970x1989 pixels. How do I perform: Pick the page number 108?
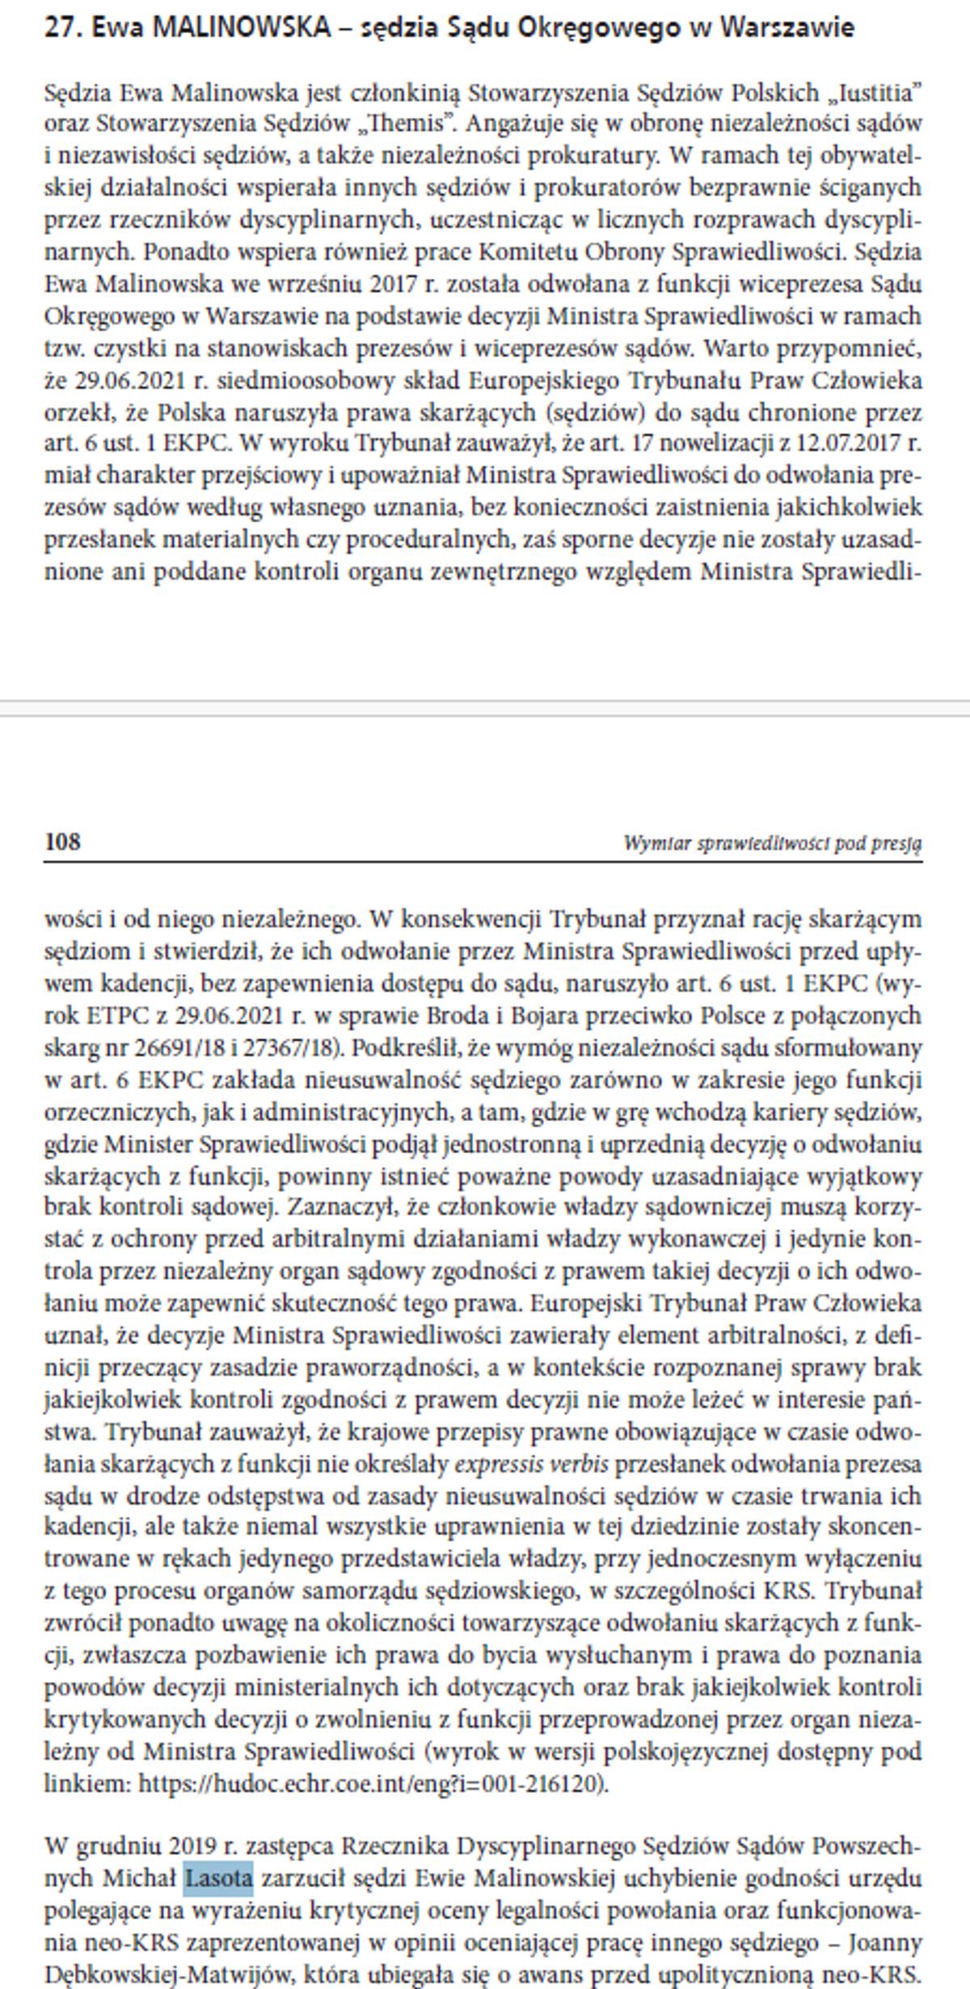(x=62, y=842)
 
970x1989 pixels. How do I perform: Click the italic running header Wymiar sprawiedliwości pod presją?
(x=772, y=844)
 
